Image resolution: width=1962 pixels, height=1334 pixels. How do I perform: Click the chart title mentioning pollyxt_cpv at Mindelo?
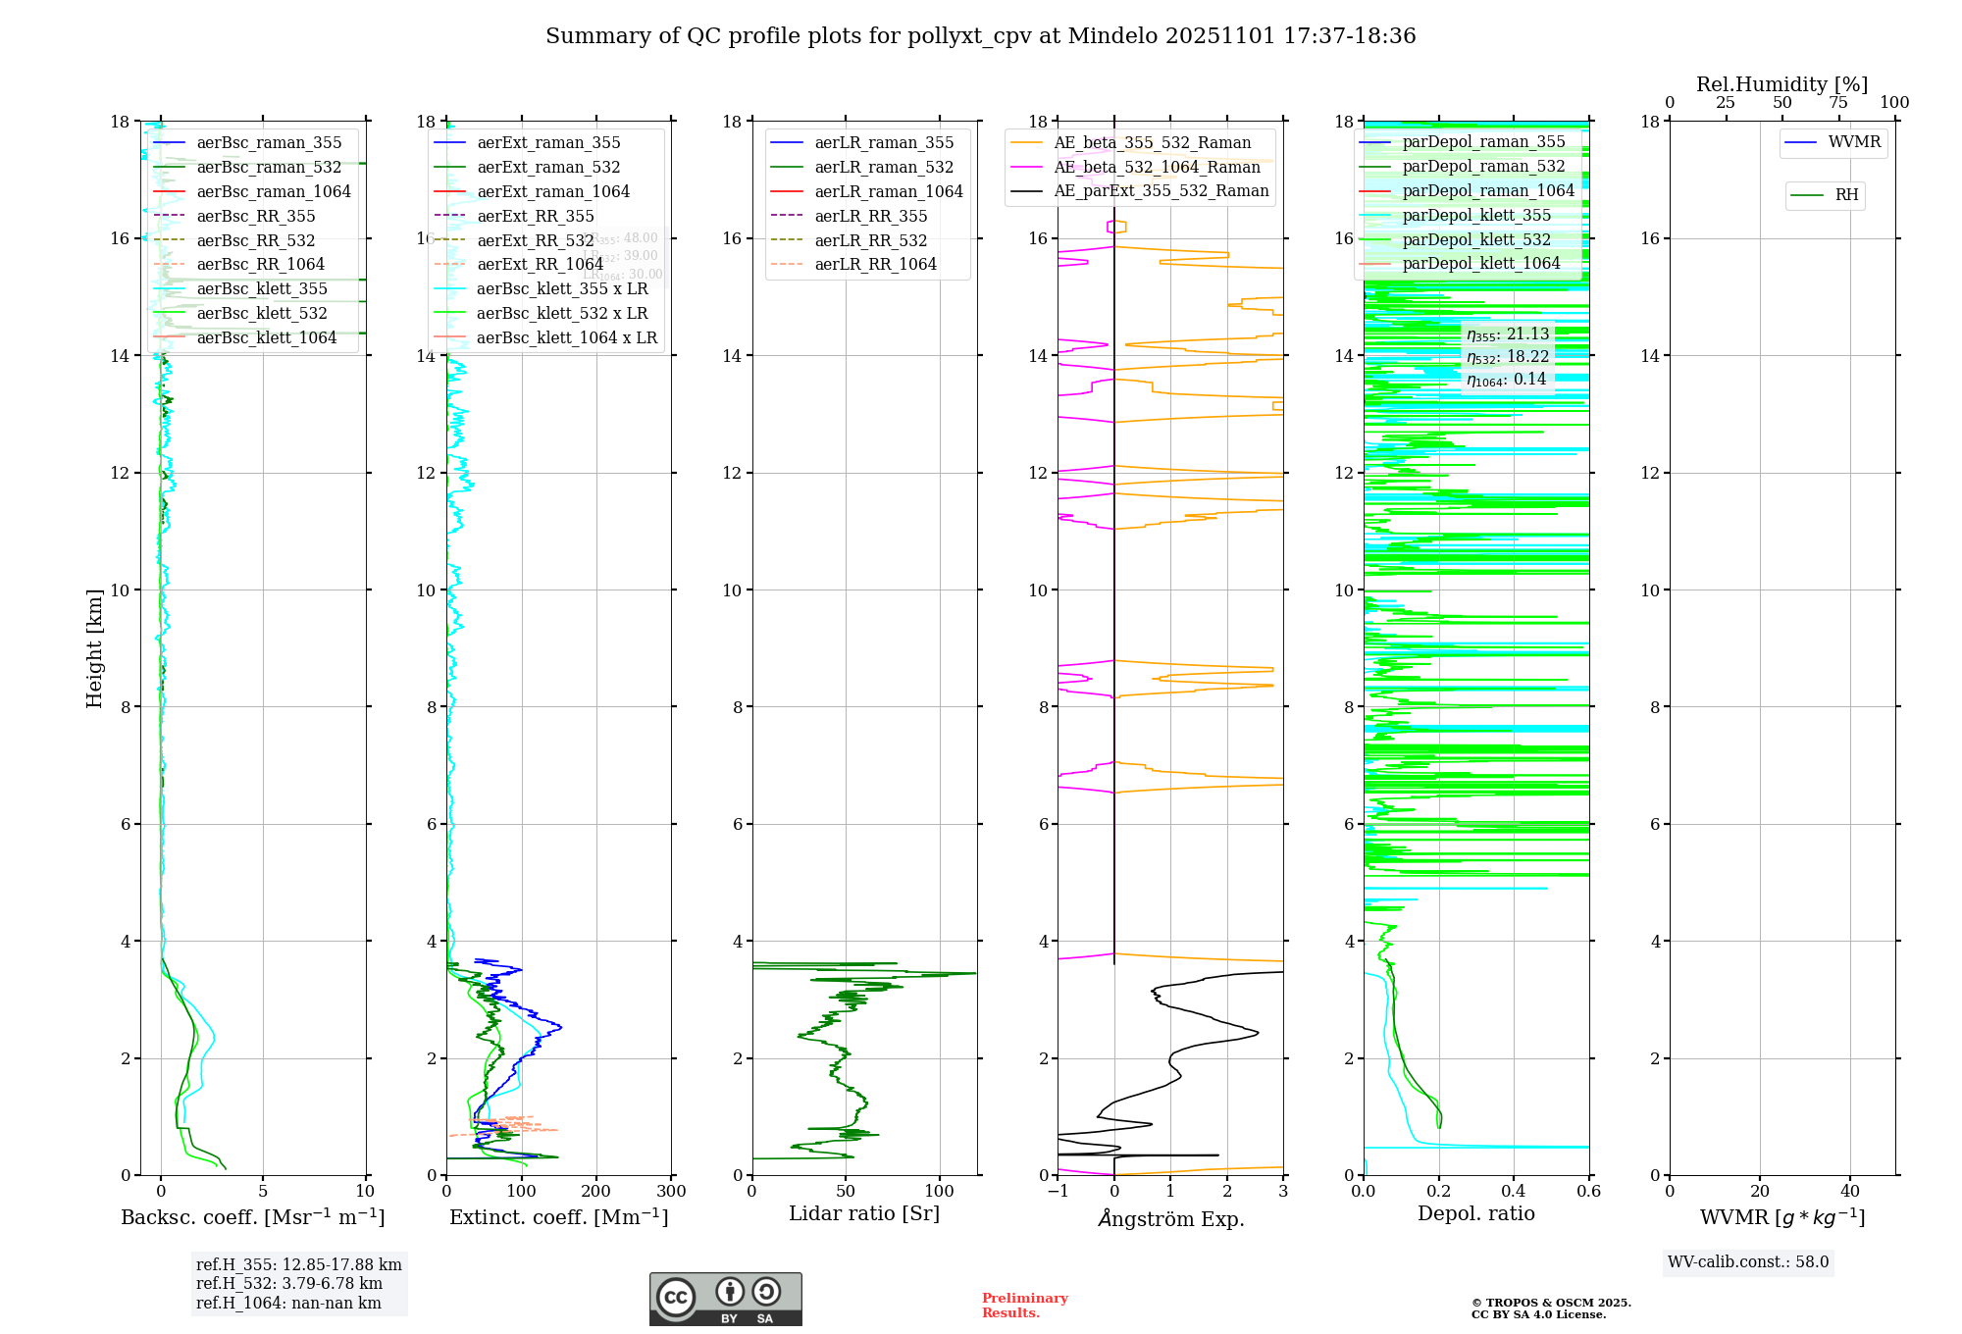[x=980, y=36]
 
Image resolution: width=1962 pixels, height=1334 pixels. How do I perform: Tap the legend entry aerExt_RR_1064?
[x=540, y=265]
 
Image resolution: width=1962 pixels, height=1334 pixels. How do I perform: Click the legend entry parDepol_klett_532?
[x=1476, y=240]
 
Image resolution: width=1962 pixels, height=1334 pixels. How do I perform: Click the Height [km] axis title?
[x=94, y=648]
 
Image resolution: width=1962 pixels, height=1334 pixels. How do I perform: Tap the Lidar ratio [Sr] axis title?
[x=864, y=1214]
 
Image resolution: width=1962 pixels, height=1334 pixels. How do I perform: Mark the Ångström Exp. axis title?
[x=1170, y=1219]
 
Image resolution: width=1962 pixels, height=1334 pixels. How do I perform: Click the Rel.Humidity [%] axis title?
[x=1781, y=85]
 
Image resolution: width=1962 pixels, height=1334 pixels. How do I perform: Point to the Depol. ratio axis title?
[x=1475, y=1214]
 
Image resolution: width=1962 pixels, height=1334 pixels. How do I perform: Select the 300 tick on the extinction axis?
[x=671, y=1192]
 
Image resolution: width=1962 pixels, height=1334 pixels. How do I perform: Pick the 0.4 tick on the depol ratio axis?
[x=1514, y=1192]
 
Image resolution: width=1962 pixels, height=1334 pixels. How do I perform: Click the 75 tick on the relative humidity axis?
[x=1837, y=103]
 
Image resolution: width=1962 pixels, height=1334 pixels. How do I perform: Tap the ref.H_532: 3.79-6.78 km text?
[x=289, y=1284]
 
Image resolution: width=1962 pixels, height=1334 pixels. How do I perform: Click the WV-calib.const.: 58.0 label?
[x=1748, y=1262]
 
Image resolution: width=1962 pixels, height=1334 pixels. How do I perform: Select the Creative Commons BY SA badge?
[x=725, y=1300]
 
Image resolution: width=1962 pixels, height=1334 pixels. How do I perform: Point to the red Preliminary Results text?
[x=1024, y=1306]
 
